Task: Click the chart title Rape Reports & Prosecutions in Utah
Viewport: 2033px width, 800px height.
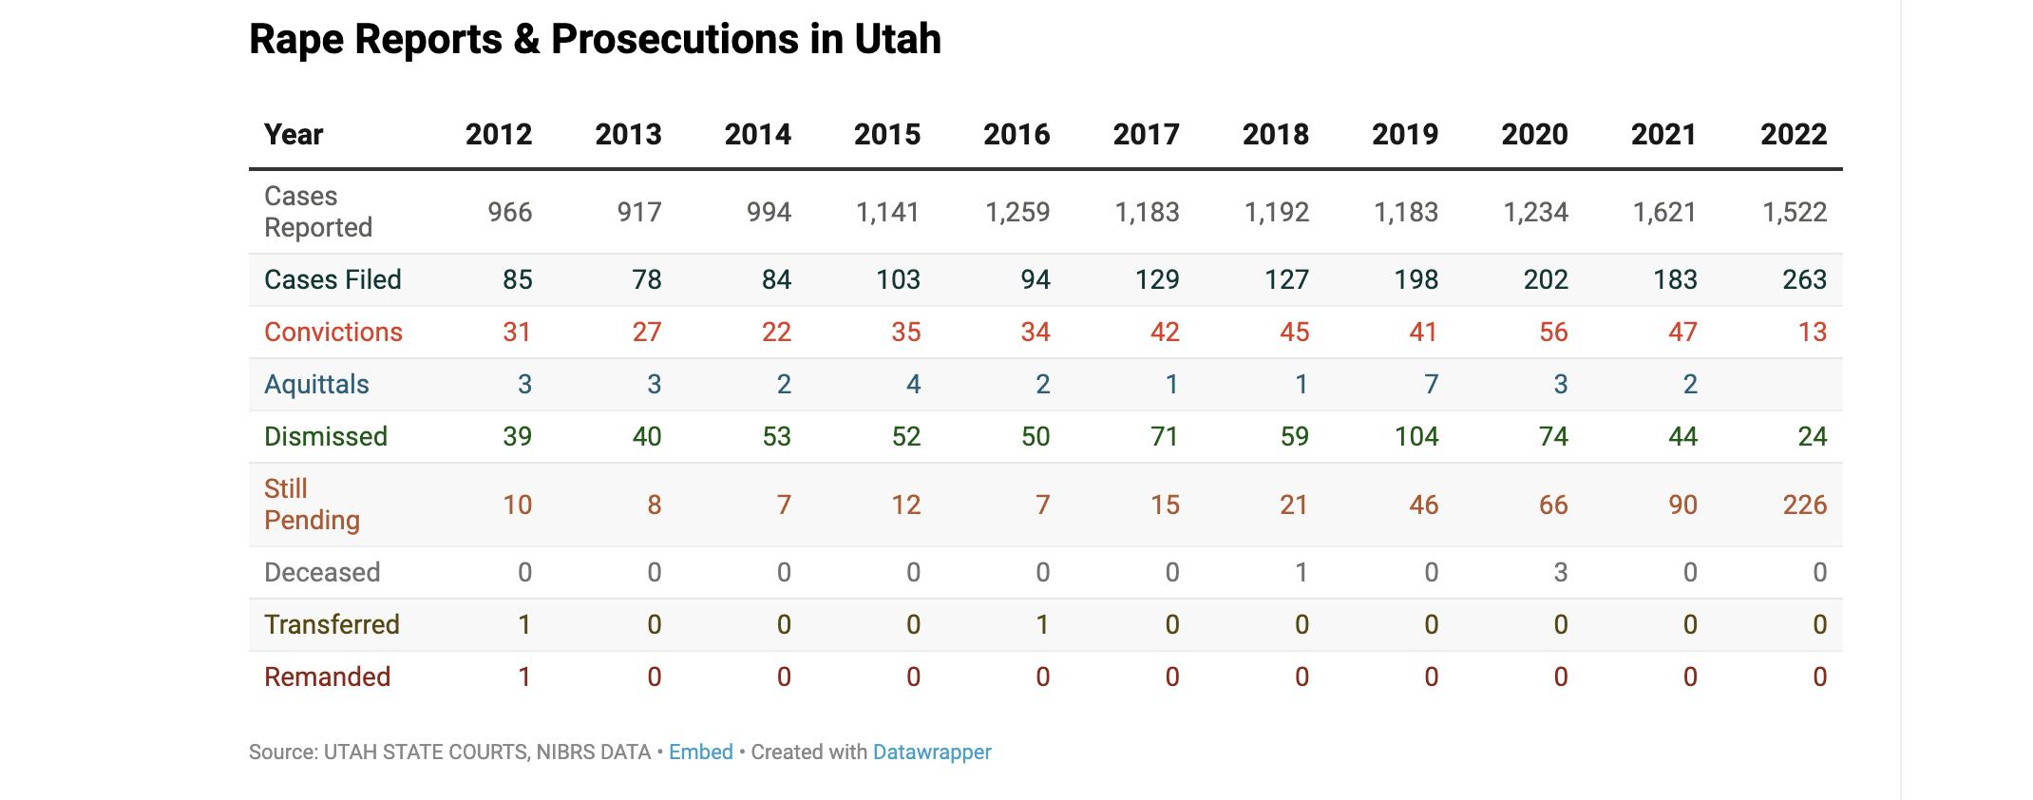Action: [x=595, y=40]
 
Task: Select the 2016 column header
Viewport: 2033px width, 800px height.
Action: [x=1016, y=135]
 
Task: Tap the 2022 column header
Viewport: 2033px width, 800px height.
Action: [x=1793, y=135]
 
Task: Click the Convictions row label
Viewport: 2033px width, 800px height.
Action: [x=333, y=332]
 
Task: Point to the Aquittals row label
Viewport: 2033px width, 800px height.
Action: [x=316, y=384]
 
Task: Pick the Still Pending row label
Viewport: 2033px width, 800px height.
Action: [x=312, y=505]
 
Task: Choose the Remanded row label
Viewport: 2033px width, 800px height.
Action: [x=327, y=676]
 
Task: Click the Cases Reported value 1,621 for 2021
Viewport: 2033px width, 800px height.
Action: [x=1663, y=212]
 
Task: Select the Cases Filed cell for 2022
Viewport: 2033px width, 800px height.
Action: [x=1803, y=279]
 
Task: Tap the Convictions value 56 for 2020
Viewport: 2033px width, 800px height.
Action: [x=1553, y=332]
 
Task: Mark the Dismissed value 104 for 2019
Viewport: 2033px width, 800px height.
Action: [x=1415, y=436]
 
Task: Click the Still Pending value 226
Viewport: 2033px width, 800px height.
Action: [x=1804, y=505]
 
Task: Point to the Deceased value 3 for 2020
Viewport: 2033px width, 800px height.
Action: [x=1560, y=572]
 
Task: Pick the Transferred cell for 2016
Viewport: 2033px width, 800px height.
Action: [x=1042, y=624]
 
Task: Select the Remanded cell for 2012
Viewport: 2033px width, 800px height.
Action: [x=523, y=676]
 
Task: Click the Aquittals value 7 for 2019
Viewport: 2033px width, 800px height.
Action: [x=1431, y=384]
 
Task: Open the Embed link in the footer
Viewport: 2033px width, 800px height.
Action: [x=700, y=752]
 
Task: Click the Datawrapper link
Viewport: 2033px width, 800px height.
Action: [x=931, y=752]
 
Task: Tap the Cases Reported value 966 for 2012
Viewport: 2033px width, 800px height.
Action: [x=509, y=212]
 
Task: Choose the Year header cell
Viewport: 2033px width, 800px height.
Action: [x=294, y=135]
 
